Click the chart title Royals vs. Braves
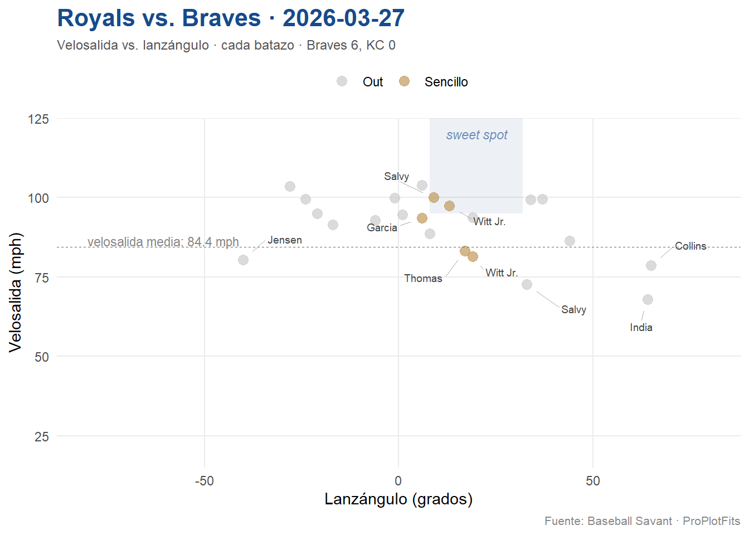[231, 18]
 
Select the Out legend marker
[342, 81]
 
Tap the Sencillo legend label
[446, 82]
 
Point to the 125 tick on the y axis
[38, 119]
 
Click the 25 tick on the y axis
[42, 436]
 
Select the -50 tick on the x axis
[204, 481]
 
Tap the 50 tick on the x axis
[592, 481]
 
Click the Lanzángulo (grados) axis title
[398, 499]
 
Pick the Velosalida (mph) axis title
[16, 292]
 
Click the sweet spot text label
[476, 135]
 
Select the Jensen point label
[285, 240]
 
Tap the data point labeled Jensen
[243, 260]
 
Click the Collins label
[690, 246]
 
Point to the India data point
[648, 299]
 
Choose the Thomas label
[423, 278]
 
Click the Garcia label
[382, 227]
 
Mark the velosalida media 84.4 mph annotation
[163, 242]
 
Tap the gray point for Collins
[651, 265]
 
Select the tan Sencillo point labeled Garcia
[422, 218]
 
